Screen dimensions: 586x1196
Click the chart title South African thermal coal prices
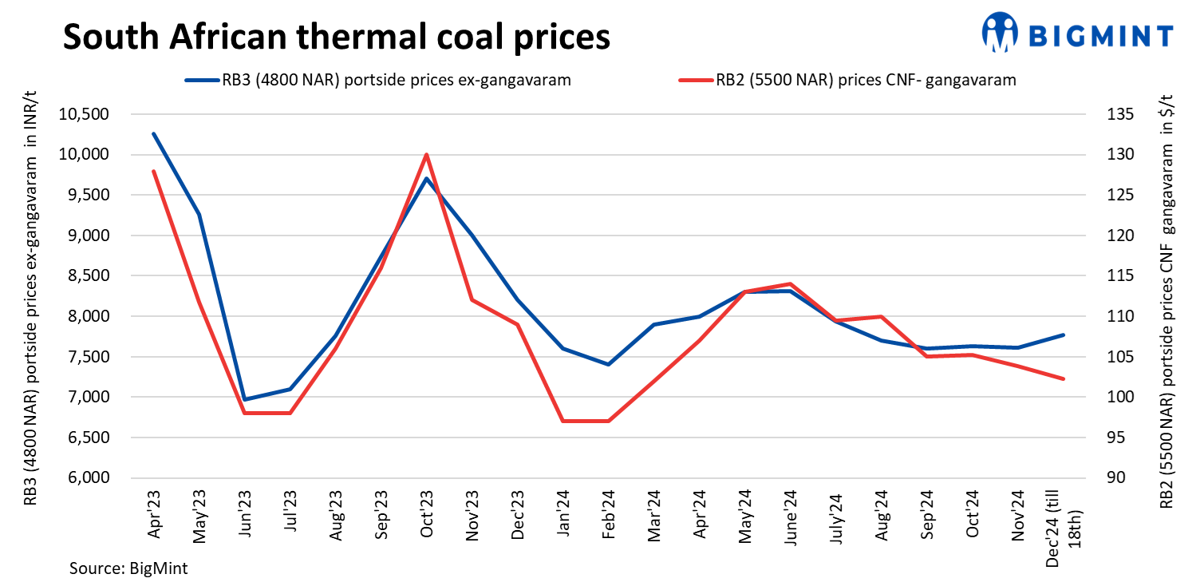pos(336,37)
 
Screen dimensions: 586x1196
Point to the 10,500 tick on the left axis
pos(84,114)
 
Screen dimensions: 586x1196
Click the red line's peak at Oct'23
pos(426,154)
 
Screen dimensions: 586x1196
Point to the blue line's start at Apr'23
pos(153,133)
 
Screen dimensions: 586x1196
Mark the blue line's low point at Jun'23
pos(244,399)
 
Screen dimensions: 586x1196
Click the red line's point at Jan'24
pos(563,421)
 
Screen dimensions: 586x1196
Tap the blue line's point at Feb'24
pos(609,364)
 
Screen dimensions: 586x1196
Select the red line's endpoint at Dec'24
pos(1064,378)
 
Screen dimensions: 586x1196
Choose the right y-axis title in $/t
pos(1166,295)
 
